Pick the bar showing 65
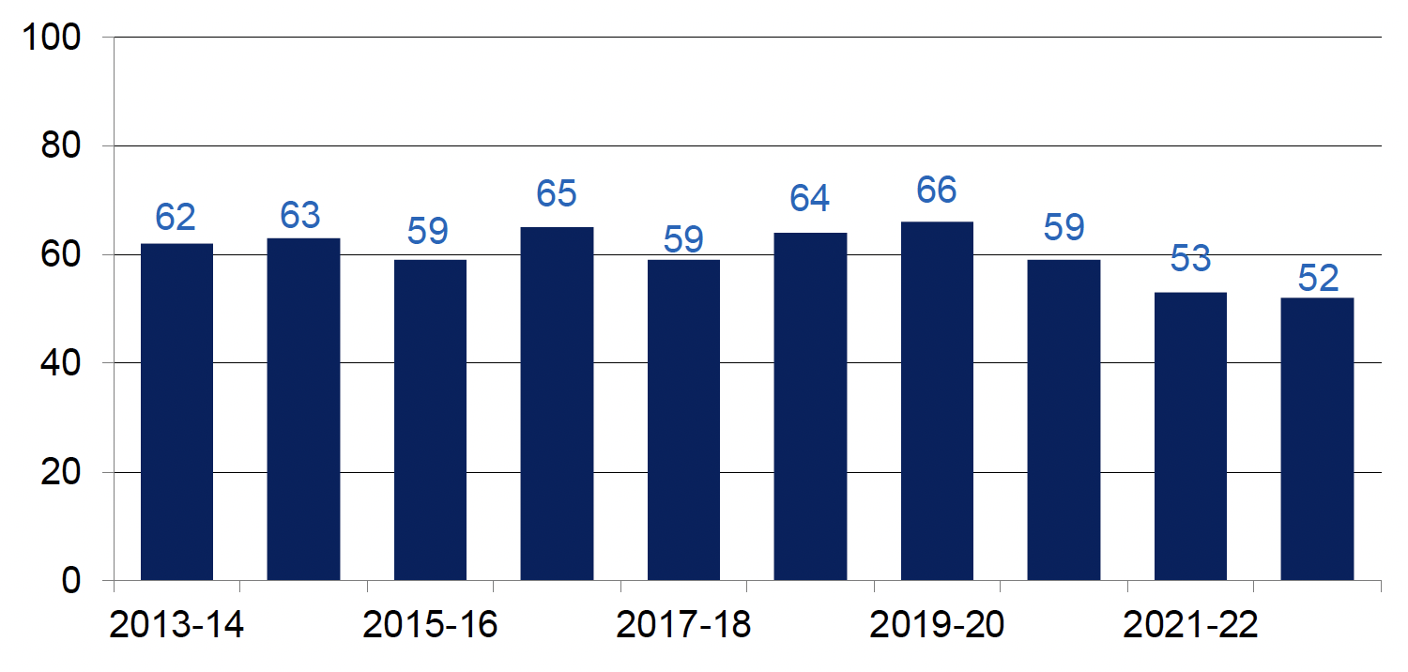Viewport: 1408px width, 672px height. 557,403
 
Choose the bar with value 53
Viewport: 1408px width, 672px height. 1190,435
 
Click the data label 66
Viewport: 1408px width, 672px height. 937,190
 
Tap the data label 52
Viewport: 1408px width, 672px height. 1318,279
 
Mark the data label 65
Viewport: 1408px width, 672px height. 557,194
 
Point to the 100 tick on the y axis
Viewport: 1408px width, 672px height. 59,38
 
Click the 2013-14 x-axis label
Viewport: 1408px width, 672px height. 176,625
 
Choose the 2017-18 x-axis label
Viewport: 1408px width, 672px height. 683,625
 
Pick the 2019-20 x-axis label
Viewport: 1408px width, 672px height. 937,625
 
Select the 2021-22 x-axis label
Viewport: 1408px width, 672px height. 1190,625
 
